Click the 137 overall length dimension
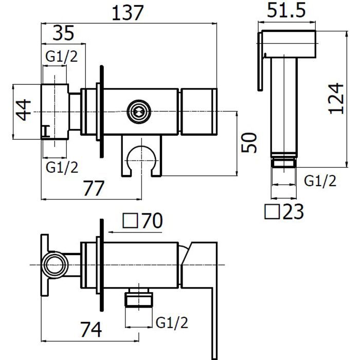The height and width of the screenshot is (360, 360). [x=128, y=13]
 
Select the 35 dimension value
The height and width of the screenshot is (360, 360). [x=63, y=33]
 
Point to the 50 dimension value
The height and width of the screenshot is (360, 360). [x=248, y=142]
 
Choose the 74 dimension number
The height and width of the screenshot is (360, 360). [x=91, y=330]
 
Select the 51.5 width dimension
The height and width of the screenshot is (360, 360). [x=286, y=10]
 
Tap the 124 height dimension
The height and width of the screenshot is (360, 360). [x=336, y=99]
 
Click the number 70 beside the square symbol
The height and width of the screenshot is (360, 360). [x=152, y=221]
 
